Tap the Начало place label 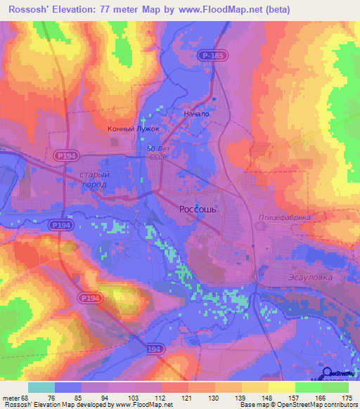[x=196, y=113]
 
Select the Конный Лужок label [x=134, y=129]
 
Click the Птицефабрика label [x=284, y=217]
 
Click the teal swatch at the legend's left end [x=41, y=387]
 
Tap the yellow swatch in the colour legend [x=281, y=387]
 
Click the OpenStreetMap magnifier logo [x=328, y=373]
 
